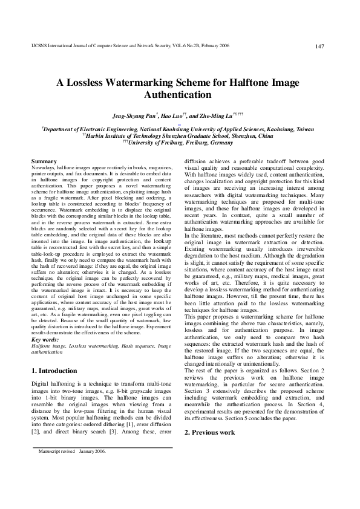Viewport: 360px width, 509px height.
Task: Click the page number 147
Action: click(321, 47)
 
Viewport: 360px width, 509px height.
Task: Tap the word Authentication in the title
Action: click(179, 95)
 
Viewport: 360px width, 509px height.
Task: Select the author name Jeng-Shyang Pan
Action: click(134, 115)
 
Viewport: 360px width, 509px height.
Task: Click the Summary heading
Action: click(44, 161)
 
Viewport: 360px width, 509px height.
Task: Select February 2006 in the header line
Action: click(261, 47)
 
